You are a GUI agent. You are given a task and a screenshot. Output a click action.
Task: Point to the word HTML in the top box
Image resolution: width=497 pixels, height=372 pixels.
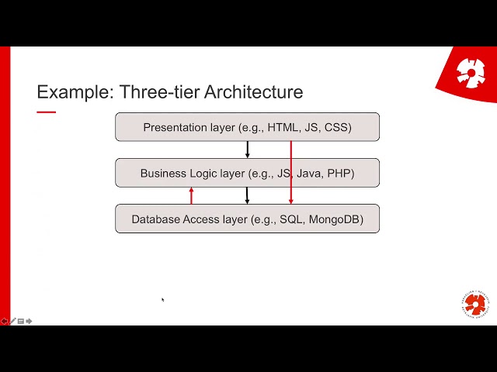point(283,127)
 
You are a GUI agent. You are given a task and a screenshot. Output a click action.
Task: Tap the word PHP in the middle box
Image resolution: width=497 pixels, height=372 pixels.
point(340,173)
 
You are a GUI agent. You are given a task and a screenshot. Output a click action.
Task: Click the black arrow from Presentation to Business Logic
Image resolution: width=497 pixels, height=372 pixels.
point(248,150)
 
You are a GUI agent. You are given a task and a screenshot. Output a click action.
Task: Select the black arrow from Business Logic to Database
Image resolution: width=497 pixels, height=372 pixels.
point(248,195)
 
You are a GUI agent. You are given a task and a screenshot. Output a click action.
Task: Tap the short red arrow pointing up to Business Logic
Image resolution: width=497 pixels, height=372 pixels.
point(191,195)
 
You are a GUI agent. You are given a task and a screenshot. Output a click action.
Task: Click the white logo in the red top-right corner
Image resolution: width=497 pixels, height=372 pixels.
point(471,73)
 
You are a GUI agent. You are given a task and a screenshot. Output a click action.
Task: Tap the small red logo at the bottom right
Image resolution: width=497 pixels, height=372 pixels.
point(474,305)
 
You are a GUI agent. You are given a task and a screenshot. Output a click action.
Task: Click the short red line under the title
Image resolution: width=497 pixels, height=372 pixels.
point(47,112)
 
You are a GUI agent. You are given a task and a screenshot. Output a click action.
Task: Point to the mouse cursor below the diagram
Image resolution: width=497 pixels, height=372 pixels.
point(162,299)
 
